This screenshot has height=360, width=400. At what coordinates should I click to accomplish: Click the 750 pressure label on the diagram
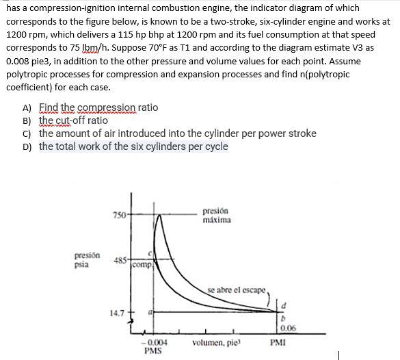[x=120, y=215]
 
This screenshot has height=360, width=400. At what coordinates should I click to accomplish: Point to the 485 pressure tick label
[x=120, y=261]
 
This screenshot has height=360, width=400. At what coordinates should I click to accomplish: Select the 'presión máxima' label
[x=217, y=216]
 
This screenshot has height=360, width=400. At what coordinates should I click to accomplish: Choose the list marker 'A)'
[x=27, y=107]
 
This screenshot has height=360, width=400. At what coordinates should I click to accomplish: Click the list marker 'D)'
[x=27, y=146]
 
